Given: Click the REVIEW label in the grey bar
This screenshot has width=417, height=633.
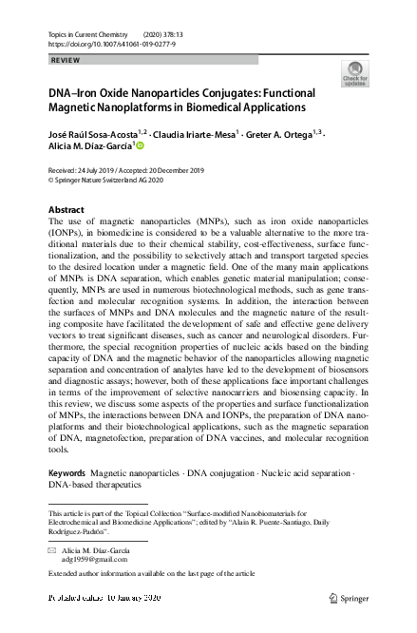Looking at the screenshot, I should click(x=65, y=59).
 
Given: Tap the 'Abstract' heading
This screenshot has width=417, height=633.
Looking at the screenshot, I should click(x=69, y=208).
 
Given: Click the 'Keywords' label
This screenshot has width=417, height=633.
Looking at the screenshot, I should click(x=66, y=472).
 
